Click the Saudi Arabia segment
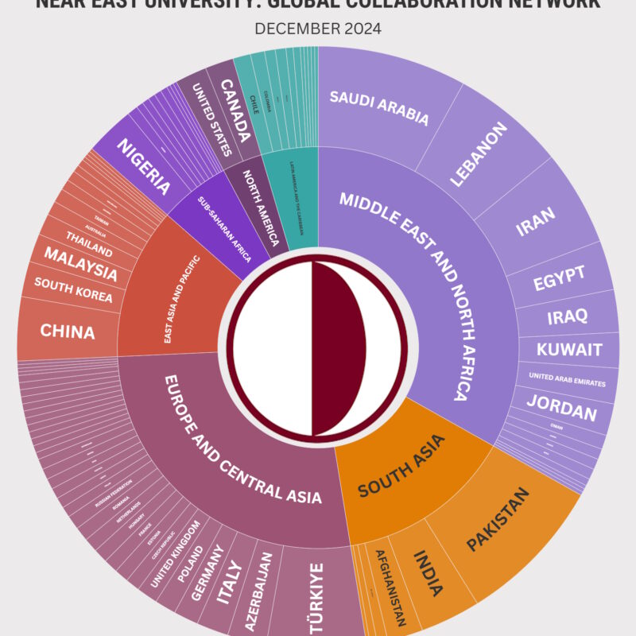(x=379, y=108)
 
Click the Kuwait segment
(x=568, y=350)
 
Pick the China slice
(x=68, y=331)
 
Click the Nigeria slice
(x=144, y=167)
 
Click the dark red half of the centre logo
(x=338, y=349)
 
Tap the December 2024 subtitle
(x=318, y=29)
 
